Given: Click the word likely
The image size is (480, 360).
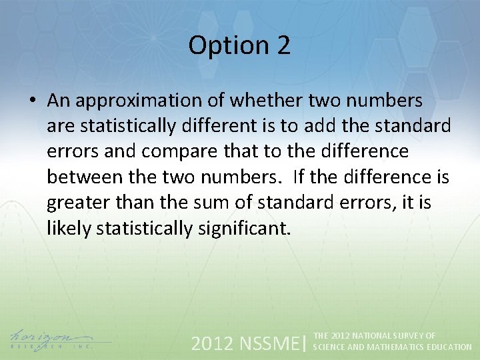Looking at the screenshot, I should tap(69, 229).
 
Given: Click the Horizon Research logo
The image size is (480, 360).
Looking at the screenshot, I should tap(51, 340).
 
